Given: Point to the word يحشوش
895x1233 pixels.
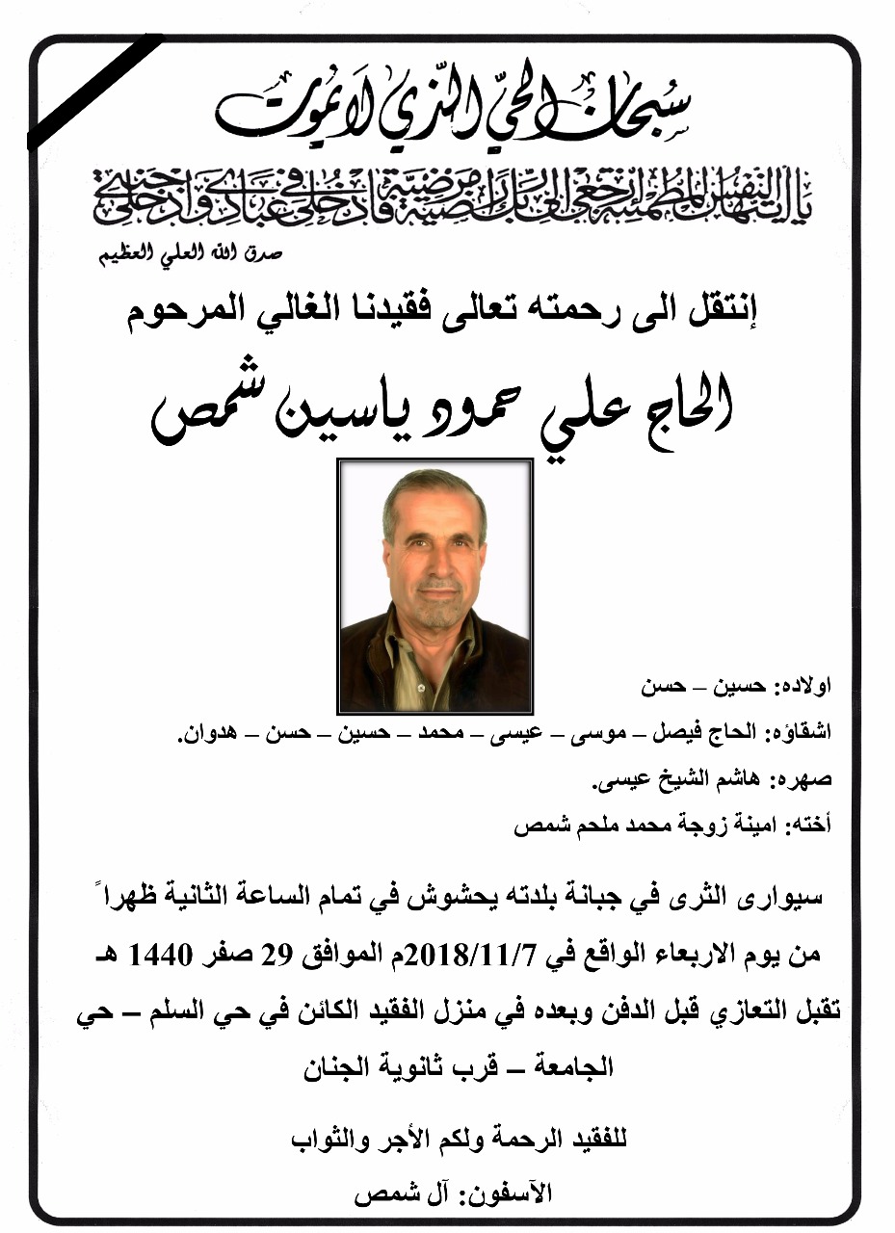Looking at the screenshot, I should (463, 898).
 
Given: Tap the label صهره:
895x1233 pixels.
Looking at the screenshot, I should (805, 779).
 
